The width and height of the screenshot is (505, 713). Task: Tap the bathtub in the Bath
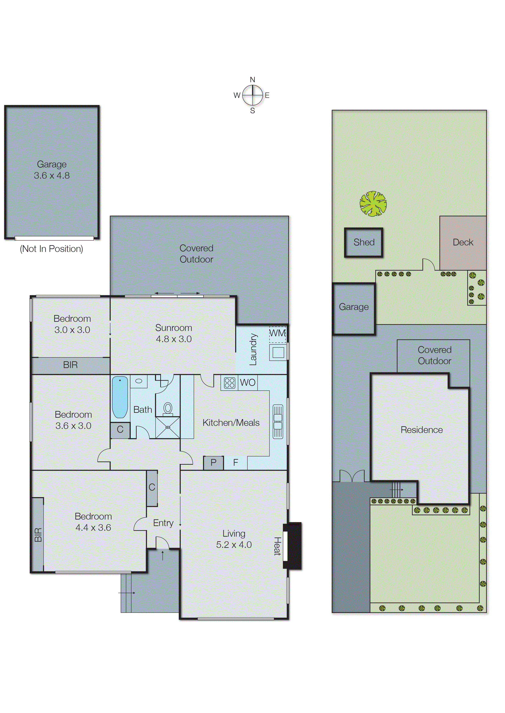120,397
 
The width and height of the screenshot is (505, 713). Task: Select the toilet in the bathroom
168,408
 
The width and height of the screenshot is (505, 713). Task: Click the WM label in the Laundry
277,333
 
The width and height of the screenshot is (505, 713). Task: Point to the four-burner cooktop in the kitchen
229,383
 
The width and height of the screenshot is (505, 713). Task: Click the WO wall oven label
248,382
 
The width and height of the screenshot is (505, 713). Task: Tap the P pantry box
213,463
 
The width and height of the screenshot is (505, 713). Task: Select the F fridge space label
235,463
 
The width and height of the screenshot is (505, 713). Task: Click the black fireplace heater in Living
292,546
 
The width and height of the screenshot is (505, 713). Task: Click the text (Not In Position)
51,249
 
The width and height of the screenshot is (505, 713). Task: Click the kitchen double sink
278,422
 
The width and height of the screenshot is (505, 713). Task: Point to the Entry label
163,523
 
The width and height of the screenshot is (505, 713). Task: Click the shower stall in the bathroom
168,427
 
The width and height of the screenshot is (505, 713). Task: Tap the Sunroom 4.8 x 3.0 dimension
173,339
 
